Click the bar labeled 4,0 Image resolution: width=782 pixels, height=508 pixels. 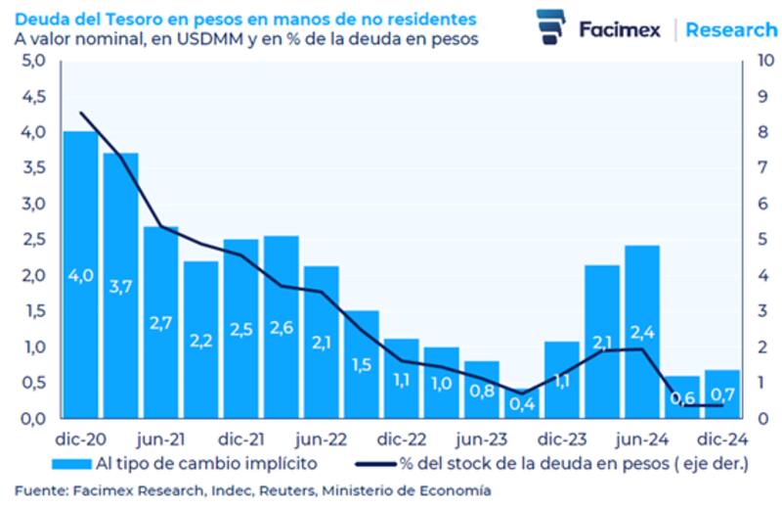pos(80,274)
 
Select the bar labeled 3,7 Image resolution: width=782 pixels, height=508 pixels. pos(120,284)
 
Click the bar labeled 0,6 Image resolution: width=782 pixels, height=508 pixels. pos(682,396)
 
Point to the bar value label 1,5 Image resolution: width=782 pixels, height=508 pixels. pos(362,364)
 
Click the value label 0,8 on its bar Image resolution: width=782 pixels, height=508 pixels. pos(482,390)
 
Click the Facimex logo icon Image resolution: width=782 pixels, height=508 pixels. pos(551,26)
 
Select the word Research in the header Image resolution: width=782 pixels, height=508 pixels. pos(731,29)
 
